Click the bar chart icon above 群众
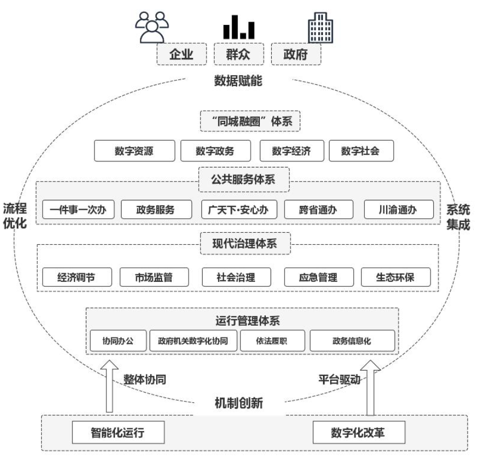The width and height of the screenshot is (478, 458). click(x=239, y=26)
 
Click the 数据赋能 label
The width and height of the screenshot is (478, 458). click(x=238, y=82)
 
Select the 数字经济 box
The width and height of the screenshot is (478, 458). click(x=291, y=151)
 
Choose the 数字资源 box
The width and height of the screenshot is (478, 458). click(x=134, y=151)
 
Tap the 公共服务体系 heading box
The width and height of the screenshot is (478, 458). click(x=244, y=180)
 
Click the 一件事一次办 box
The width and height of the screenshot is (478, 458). click(x=78, y=210)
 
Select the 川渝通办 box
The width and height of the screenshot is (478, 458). click(x=399, y=210)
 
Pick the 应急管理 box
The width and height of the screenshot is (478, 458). click(x=318, y=277)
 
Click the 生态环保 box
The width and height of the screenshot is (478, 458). click(x=395, y=277)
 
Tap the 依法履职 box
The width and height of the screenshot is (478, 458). click(x=272, y=341)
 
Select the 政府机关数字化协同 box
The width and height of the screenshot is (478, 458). click(x=193, y=341)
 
